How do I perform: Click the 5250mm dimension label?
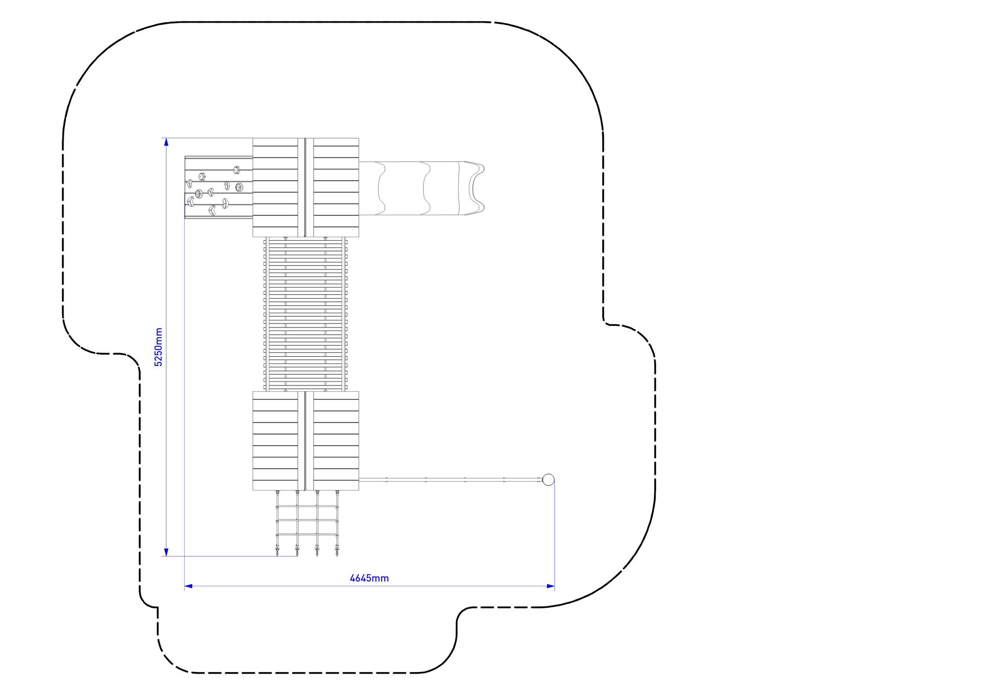click(x=159, y=347)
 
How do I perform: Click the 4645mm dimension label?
click(x=369, y=578)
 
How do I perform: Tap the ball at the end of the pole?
click(x=548, y=480)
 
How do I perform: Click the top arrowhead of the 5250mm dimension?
click(x=166, y=142)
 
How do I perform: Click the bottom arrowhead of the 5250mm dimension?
click(x=166, y=552)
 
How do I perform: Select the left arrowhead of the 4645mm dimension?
click(x=188, y=586)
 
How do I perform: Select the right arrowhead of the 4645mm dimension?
click(x=550, y=586)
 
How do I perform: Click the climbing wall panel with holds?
click(x=219, y=187)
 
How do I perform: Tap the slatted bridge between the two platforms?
click(x=306, y=314)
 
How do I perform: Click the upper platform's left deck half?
click(x=275, y=187)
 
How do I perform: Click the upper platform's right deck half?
click(x=336, y=187)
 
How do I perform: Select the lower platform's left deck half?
click(x=275, y=440)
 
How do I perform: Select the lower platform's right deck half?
click(x=336, y=440)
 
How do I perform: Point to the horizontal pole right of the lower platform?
click(x=450, y=480)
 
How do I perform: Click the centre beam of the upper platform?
click(x=306, y=187)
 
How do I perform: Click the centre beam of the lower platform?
click(x=306, y=440)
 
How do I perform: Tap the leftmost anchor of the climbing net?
click(x=278, y=553)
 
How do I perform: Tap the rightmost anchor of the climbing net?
click(x=337, y=553)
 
